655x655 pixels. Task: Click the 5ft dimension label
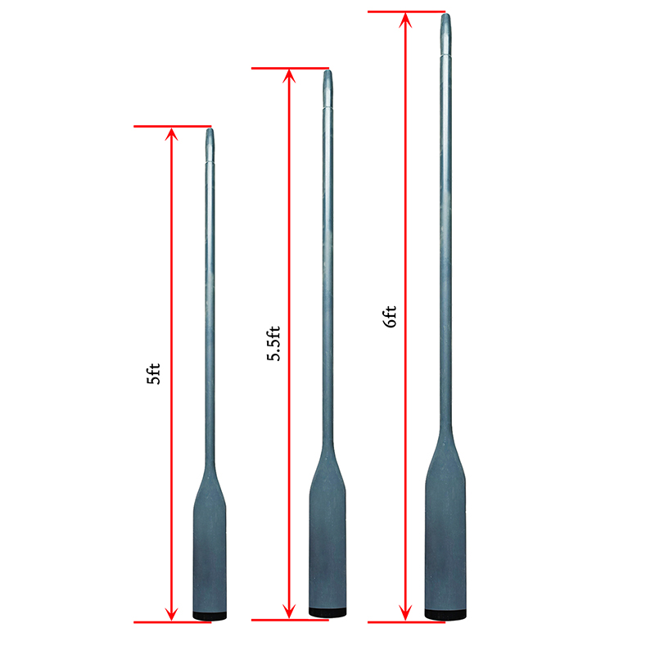154,373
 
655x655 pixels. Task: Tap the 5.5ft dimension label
273,343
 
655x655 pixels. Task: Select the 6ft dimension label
390,317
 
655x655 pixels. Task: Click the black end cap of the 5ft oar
210,616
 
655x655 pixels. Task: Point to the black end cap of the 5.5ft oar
327,612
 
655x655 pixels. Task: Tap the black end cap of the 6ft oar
445,614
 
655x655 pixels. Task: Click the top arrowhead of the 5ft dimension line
171,133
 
